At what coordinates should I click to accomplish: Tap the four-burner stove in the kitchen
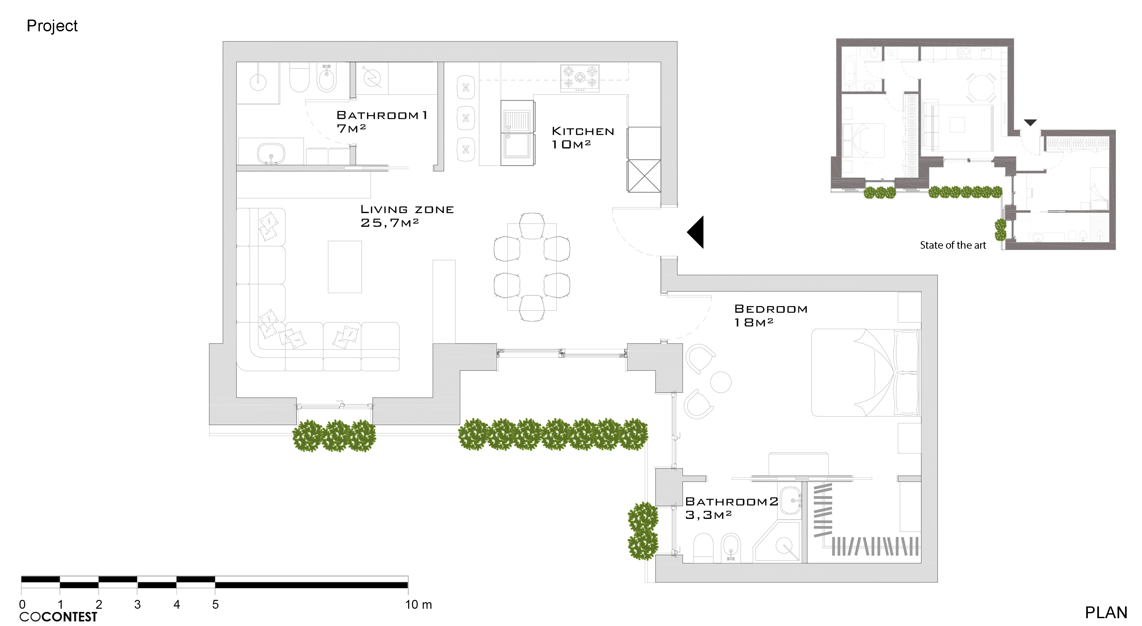click(x=579, y=78)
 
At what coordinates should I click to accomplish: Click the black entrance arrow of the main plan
click(x=696, y=232)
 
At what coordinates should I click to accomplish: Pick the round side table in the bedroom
click(x=720, y=382)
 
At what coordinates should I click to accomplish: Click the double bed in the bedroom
click(x=864, y=372)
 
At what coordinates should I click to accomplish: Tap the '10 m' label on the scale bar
click(x=418, y=604)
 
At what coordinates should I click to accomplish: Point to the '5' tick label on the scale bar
click(x=215, y=604)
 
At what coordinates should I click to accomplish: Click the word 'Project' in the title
click(x=52, y=26)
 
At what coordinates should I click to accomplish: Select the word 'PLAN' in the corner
click(x=1106, y=612)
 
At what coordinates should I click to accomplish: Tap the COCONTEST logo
click(x=58, y=617)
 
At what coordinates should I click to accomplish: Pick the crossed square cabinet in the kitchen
click(x=644, y=176)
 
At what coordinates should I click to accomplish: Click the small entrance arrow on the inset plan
click(x=1030, y=122)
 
